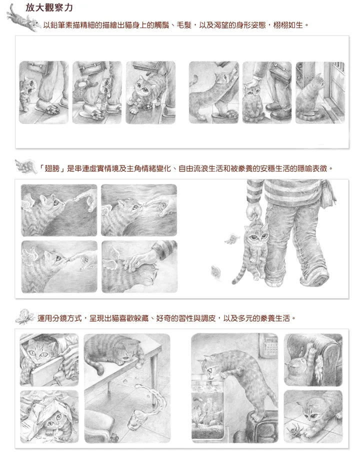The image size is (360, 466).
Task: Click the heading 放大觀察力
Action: point(49,7)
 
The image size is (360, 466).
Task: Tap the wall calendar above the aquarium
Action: point(268,345)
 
